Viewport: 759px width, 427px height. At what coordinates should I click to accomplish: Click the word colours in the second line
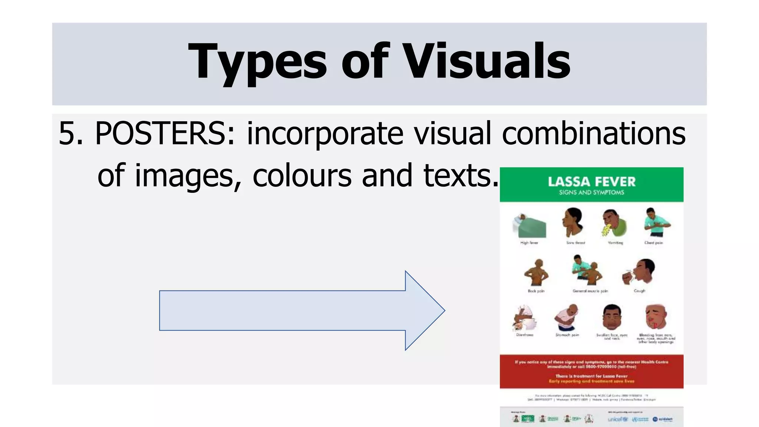pos(302,175)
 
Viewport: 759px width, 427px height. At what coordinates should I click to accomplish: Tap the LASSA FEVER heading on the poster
pos(591,182)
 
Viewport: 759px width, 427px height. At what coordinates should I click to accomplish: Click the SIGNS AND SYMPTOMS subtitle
pos(591,192)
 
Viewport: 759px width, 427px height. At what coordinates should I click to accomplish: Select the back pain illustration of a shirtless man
pos(536,273)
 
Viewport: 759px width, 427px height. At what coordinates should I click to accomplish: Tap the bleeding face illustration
pos(655,317)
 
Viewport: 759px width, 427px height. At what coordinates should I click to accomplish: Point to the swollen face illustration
pos(611,317)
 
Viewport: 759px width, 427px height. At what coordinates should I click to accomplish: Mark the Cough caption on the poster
pos(639,291)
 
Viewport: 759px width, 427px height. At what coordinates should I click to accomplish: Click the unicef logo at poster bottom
pos(617,419)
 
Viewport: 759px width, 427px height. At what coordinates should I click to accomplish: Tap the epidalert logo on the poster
pos(663,419)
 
